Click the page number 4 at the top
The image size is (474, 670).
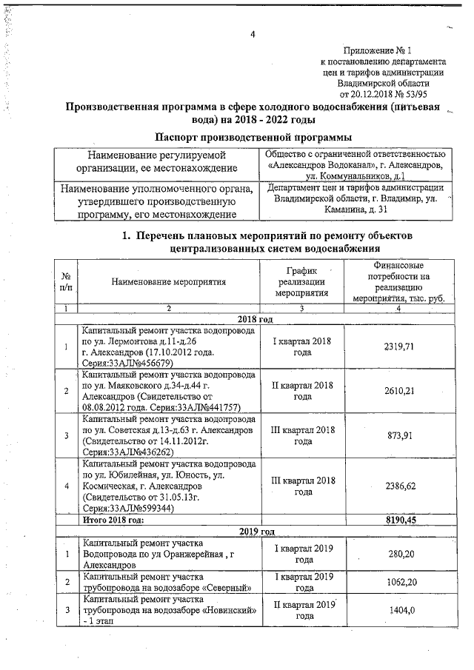click(x=253, y=35)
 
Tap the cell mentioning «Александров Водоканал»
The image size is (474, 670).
click(x=356, y=164)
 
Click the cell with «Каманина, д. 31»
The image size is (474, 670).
click(x=356, y=199)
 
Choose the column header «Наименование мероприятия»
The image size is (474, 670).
click(x=169, y=281)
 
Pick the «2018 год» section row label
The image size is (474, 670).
click(x=256, y=318)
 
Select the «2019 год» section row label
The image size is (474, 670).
click(x=256, y=532)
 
